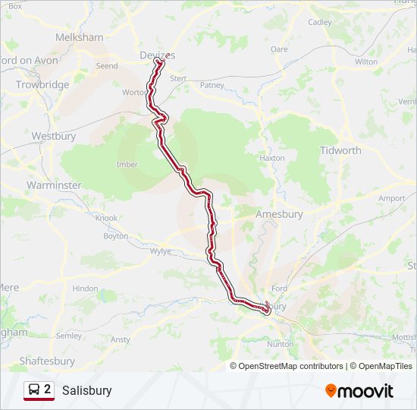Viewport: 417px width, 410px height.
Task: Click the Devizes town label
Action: tap(157, 55)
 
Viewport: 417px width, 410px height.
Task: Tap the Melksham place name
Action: tap(79, 36)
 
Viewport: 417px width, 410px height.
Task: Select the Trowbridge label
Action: tap(42, 85)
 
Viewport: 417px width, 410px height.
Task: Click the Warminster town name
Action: tap(53, 184)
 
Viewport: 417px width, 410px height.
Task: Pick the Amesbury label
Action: tap(279, 214)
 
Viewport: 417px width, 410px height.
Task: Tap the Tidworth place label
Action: tap(340, 150)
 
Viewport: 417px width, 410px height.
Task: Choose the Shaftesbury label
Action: tap(47, 361)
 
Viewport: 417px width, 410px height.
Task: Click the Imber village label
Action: tap(127, 164)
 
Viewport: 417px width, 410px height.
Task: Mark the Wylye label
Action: tap(161, 251)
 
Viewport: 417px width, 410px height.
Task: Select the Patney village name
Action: tap(212, 85)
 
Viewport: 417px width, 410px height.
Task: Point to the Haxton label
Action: tap(271, 158)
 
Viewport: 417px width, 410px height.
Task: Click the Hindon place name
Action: tap(85, 289)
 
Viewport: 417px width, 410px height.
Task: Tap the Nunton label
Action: tap(281, 344)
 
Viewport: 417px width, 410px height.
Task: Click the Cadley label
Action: tap(320, 22)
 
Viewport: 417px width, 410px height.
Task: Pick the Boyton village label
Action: tap(116, 236)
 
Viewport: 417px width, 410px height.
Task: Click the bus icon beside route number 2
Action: tap(34, 390)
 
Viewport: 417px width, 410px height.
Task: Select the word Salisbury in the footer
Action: tap(87, 390)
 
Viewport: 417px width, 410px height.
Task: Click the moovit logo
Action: tap(359, 391)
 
